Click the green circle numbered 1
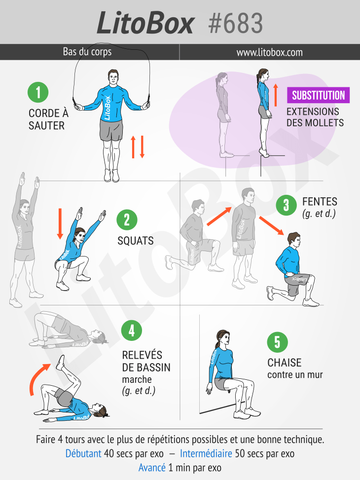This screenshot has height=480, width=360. coord(38,92)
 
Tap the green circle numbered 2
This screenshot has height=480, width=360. coord(127,220)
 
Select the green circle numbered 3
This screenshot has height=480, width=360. coord(286,205)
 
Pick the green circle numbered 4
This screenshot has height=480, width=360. coord(132,331)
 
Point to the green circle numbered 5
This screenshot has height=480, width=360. coord(277,342)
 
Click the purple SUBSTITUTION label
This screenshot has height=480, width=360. coord(319,95)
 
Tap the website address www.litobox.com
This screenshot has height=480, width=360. coord(269,52)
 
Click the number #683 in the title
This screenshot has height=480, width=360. coord(235,23)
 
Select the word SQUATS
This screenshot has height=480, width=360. coord(136,241)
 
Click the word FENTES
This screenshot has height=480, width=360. coord(320,202)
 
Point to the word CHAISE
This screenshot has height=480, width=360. coord(285,363)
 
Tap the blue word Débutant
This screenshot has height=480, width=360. coord(83,453)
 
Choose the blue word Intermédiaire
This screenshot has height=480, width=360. coord(206,453)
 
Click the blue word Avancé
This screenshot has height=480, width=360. coord(152,468)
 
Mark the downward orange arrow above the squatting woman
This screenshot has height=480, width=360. coord(60,224)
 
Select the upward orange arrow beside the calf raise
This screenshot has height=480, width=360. coord(276,95)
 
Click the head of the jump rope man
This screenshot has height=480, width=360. coord(113,78)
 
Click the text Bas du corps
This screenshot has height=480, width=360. coord(87,52)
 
